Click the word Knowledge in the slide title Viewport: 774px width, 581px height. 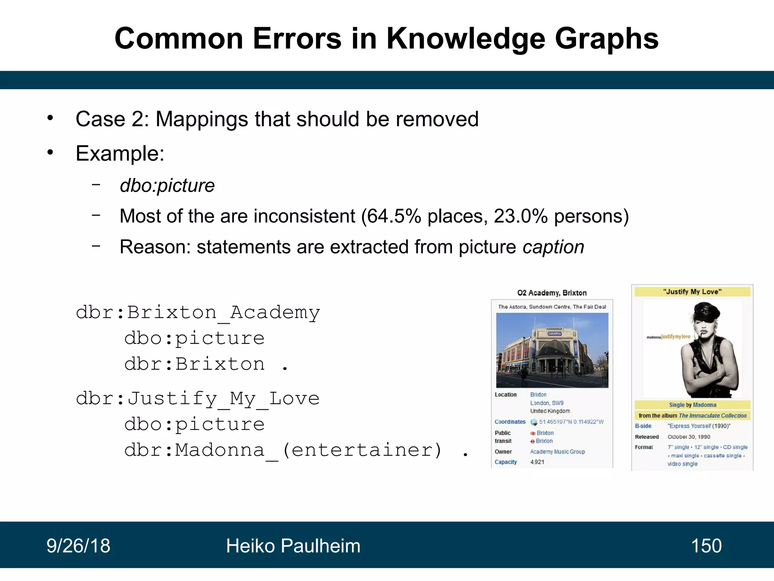coord(465,39)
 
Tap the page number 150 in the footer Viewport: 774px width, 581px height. coord(706,546)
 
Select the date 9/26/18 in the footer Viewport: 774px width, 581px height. coord(78,546)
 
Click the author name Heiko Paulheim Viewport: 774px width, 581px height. coord(293,546)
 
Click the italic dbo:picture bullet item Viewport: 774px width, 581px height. coord(167,185)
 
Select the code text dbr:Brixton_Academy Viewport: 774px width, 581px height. coord(198,313)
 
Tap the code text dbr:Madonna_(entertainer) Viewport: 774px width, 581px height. coord(283,450)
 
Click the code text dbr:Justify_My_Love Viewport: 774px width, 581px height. coord(198,399)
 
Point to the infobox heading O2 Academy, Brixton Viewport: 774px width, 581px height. coord(552,293)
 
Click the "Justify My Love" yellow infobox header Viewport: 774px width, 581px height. coord(692,292)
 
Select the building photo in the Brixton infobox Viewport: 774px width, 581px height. coord(552,350)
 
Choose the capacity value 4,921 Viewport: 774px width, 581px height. coord(537,462)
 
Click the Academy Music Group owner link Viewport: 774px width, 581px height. coord(557,452)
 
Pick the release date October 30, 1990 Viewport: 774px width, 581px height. coord(689,437)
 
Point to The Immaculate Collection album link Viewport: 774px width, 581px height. coord(712,415)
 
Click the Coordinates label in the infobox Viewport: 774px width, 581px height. coord(510,422)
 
